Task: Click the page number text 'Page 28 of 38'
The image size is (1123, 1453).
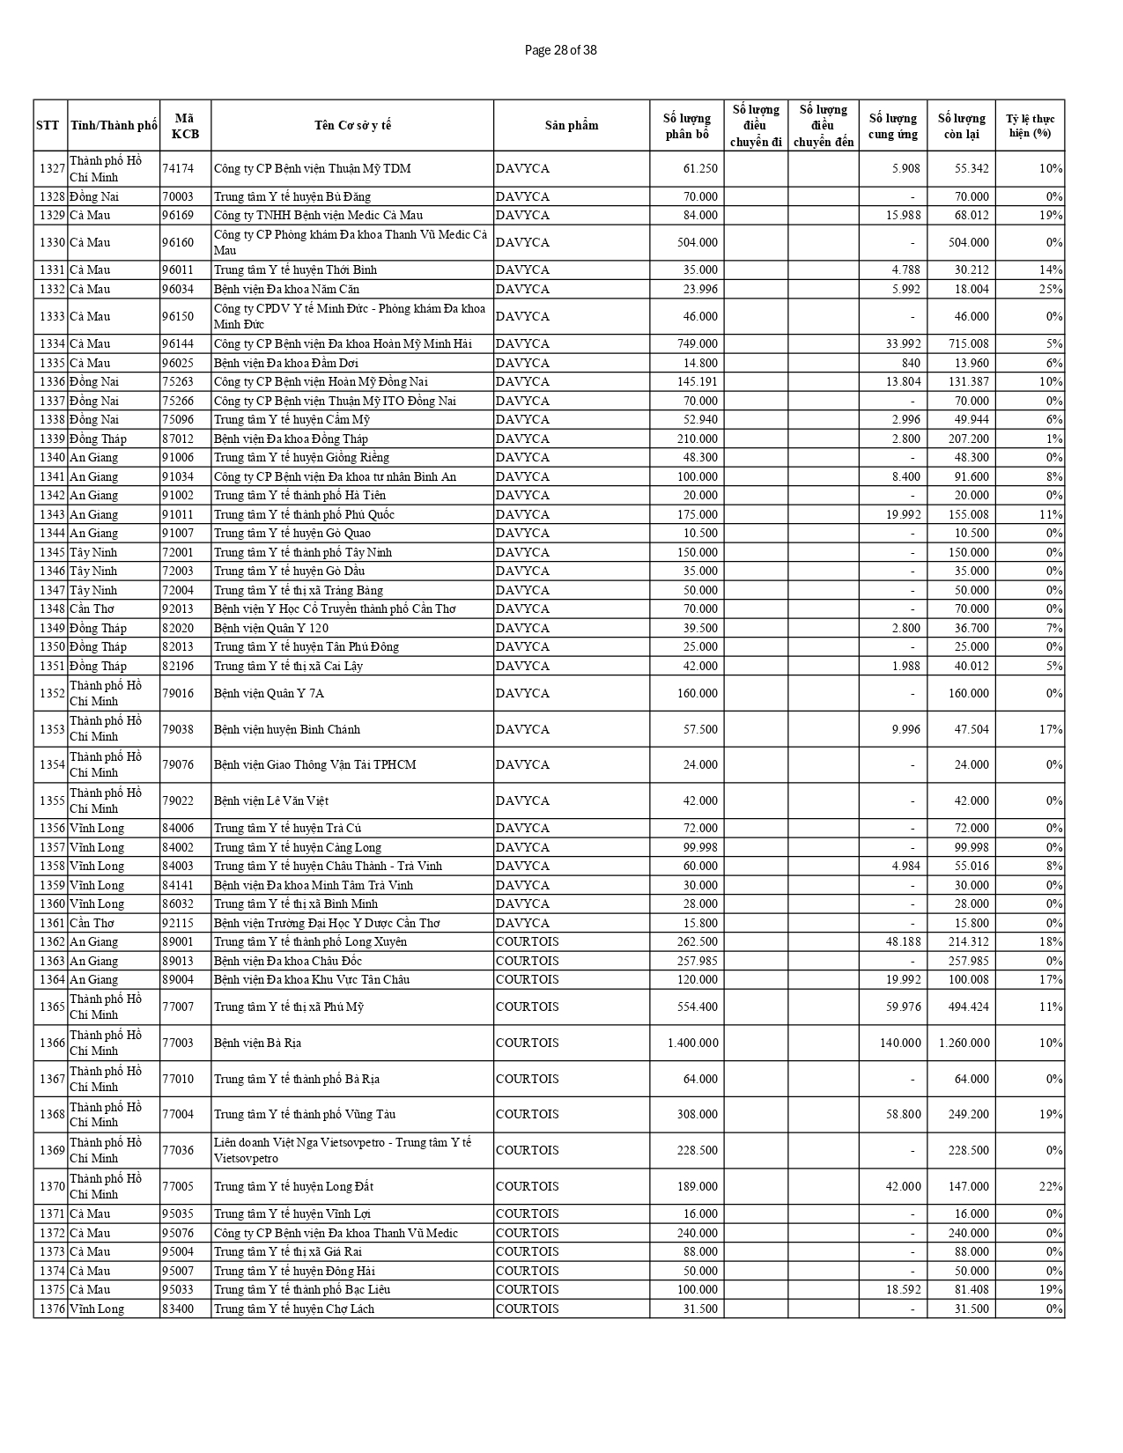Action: point(560,50)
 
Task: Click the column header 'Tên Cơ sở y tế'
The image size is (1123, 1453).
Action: point(352,125)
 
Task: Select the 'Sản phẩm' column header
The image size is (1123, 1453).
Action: point(571,125)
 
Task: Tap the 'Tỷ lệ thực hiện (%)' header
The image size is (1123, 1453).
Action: point(1030,125)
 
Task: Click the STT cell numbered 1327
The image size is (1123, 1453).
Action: point(52,168)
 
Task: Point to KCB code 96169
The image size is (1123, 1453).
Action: point(178,215)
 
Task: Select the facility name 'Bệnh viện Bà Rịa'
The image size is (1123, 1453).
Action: point(257,1043)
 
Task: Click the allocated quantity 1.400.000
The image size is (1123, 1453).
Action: point(692,1043)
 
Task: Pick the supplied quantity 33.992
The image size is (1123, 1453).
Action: point(903,343)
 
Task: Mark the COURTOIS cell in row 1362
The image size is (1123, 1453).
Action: point(527,941)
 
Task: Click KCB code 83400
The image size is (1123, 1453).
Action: point(178,1309)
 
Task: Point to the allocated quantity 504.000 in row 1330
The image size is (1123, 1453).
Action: point(697,242)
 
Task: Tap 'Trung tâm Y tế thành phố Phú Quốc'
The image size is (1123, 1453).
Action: point(304,514)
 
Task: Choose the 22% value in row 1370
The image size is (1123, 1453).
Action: point(1051,1186)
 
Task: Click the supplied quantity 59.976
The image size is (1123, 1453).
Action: point(903,1007)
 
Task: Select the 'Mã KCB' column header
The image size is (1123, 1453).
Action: point(185,125)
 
